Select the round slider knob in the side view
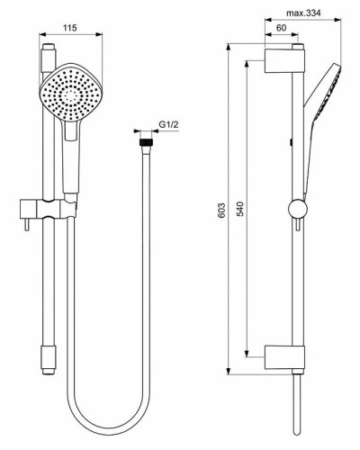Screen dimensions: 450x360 (294, 210)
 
